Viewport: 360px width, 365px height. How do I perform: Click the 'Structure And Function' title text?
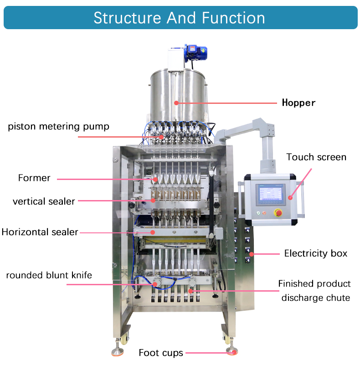(179, 18)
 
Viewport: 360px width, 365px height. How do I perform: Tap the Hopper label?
(298, 103)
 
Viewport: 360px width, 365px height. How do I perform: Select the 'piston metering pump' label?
(59, 126)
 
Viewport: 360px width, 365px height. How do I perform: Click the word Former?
(34, 178)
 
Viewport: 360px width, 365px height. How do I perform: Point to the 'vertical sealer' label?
(44, 201)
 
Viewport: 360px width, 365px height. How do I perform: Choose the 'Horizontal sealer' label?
(40, 232)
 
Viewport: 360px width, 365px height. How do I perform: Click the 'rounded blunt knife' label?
(49, 275)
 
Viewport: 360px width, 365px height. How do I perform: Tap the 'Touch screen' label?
(316, 157)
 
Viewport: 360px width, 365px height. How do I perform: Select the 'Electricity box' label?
(316, 253)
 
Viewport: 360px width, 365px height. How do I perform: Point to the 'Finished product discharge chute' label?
(315, 291)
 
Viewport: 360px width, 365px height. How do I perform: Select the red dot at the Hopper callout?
(176, 103)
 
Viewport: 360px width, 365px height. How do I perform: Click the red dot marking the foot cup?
(233, 352)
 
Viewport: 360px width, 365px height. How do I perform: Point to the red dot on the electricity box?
(251, 253)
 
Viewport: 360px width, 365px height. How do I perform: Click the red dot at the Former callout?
(155, 179)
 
